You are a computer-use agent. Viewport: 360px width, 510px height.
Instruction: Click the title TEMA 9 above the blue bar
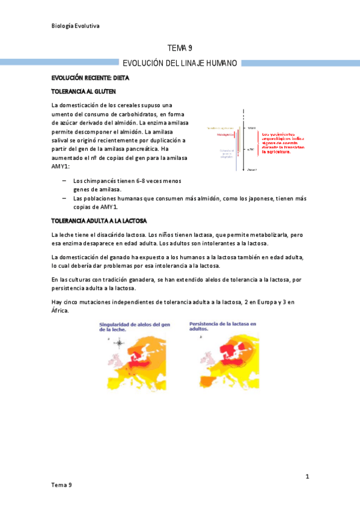(x=179, y=49)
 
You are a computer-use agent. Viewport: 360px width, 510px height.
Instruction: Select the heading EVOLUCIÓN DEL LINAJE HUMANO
(x=180, y=63)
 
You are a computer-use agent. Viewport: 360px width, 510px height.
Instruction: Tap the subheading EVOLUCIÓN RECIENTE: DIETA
(x=90, y=78)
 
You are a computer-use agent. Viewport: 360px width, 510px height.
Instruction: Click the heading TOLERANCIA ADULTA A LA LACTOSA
(x=99, y=221)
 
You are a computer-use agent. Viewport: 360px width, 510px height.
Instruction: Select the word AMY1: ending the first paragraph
(x=61, y=166)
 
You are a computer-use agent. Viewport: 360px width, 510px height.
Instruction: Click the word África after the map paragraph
(x=61, y=311)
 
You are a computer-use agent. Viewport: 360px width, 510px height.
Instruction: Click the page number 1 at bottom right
(x=307, y=477)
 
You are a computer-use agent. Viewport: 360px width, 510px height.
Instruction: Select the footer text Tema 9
(x=62, y=485)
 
